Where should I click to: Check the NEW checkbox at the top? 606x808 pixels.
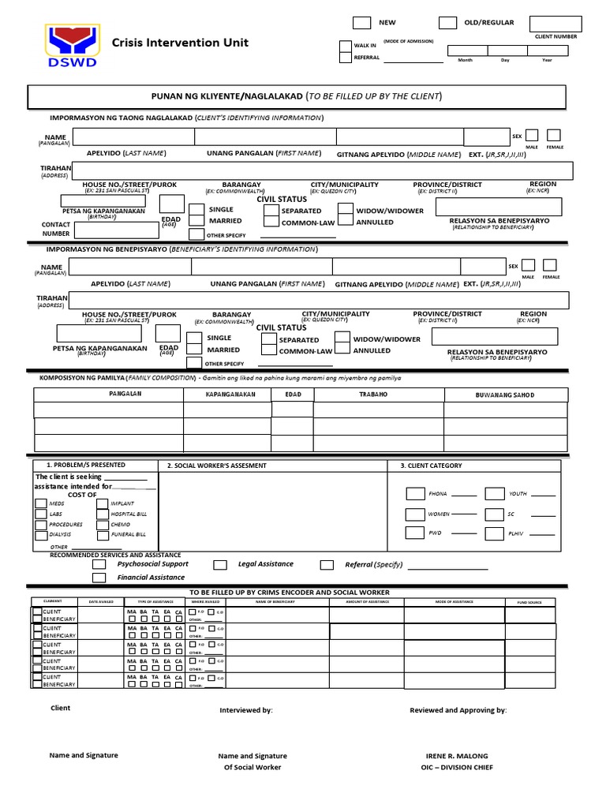361,22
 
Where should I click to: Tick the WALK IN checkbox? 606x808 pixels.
345,46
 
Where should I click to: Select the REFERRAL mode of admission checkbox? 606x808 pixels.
345,58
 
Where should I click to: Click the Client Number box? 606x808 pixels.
555,23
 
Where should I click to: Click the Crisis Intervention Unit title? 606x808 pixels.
180,43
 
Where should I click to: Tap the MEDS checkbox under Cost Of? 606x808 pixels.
40,503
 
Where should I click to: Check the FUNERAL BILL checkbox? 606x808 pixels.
103,534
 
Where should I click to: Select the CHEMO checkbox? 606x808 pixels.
103,524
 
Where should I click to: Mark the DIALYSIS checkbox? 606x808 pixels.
40,534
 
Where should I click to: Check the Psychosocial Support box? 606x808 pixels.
99,565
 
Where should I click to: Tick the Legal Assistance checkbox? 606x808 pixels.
220,565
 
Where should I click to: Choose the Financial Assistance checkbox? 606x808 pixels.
99,578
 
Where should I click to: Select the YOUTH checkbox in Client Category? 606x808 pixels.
495,494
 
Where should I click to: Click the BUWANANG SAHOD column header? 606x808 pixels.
504,394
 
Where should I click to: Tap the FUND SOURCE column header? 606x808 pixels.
529,602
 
